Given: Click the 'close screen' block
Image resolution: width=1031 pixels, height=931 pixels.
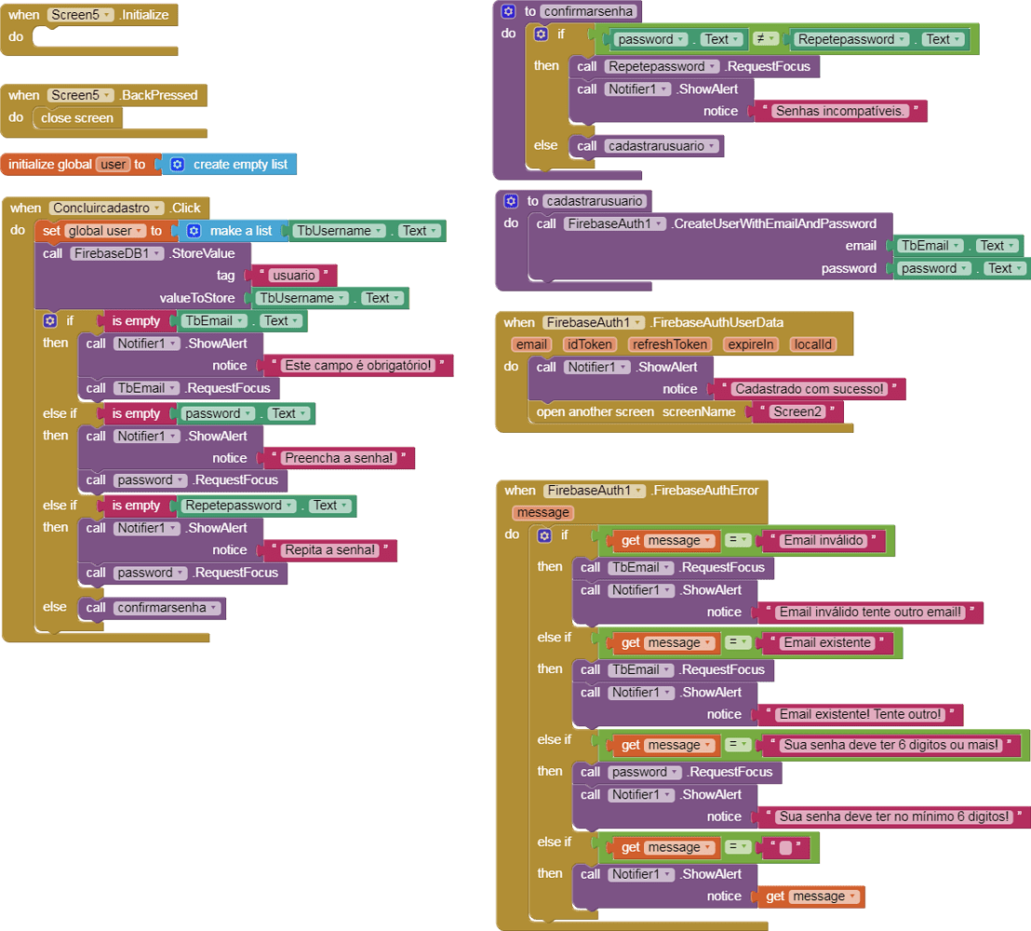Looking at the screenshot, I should coord(77,118).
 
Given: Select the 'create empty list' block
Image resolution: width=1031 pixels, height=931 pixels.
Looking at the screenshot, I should coord(240,164).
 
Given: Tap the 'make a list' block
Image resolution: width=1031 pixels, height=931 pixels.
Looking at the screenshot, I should coord(240,231).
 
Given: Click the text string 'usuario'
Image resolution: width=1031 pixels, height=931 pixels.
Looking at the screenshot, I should coord(293,276).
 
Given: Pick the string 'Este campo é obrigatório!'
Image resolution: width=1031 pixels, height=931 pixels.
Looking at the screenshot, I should coord(358,366).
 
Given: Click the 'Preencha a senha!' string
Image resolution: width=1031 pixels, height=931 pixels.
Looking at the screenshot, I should coord(340,458).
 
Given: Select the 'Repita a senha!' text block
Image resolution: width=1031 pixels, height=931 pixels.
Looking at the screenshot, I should coord(330,550).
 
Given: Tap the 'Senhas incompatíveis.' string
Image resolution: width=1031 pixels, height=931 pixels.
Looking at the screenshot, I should coord(840,111).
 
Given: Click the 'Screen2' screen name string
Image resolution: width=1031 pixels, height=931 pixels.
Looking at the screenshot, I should coord(797,412).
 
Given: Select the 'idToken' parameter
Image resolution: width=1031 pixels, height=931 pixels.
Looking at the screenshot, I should coord(589,344).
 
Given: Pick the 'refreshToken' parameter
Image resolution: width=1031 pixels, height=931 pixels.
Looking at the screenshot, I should coord(669,344).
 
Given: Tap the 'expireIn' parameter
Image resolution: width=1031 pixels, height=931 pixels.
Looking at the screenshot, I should coord(751,344).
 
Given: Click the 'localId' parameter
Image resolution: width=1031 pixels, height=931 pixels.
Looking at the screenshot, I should coord(812,344).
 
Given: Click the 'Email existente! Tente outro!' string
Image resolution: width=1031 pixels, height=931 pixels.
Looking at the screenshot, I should coord(861,715).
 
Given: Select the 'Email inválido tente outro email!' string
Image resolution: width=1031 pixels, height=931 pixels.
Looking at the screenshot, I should coord(870,613).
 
